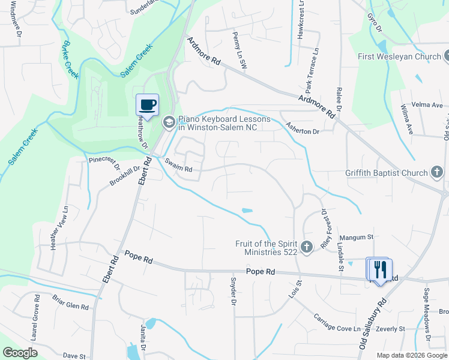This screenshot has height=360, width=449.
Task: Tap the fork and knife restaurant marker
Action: pos(379,269)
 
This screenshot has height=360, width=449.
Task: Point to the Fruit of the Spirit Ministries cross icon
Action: pos(307,247)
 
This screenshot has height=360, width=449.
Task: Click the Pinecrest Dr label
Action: pos(104,164)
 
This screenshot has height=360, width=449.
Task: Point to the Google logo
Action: pos(20,353)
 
